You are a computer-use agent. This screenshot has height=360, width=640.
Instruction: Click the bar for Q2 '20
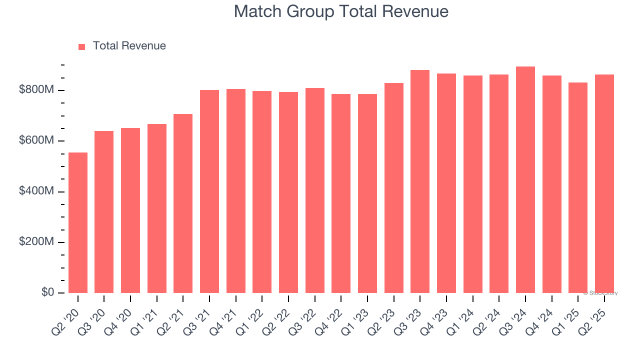[78, 222]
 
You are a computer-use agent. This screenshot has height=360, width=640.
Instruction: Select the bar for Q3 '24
[525, 180]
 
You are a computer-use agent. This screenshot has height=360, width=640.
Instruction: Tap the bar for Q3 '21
[209, 191]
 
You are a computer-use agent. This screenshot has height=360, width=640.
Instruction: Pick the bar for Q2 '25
[604, 183]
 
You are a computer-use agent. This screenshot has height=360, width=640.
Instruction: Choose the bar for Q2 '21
[183, 203]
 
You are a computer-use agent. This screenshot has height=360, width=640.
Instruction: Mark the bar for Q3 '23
[420, 181]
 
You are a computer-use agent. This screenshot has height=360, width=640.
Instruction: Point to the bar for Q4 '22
[341, 193]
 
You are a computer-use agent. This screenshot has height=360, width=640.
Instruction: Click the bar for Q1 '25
[578, 187]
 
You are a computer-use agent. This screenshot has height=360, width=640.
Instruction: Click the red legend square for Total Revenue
[82, 46]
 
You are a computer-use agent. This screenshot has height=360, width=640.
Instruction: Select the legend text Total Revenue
[129, 46]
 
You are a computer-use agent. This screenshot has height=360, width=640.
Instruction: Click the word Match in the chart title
[257, 11]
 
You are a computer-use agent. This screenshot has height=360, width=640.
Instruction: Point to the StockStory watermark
[600, 293]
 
